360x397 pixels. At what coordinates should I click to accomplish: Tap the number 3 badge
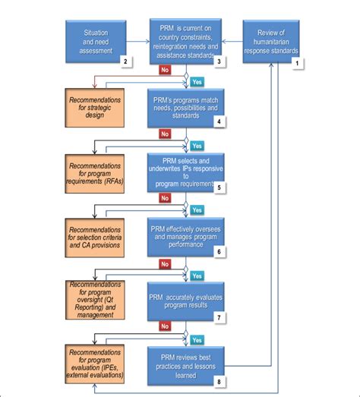[x=218, y=60]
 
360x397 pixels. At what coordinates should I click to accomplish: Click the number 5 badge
[x=218, y=187]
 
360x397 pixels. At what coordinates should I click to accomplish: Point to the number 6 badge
[x=218, y=251]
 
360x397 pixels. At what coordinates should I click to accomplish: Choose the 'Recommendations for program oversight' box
[x=96, y=299]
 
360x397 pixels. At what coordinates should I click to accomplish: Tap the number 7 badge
[x=218, y=316]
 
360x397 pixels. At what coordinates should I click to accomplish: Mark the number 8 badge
[x=218, y=383]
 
